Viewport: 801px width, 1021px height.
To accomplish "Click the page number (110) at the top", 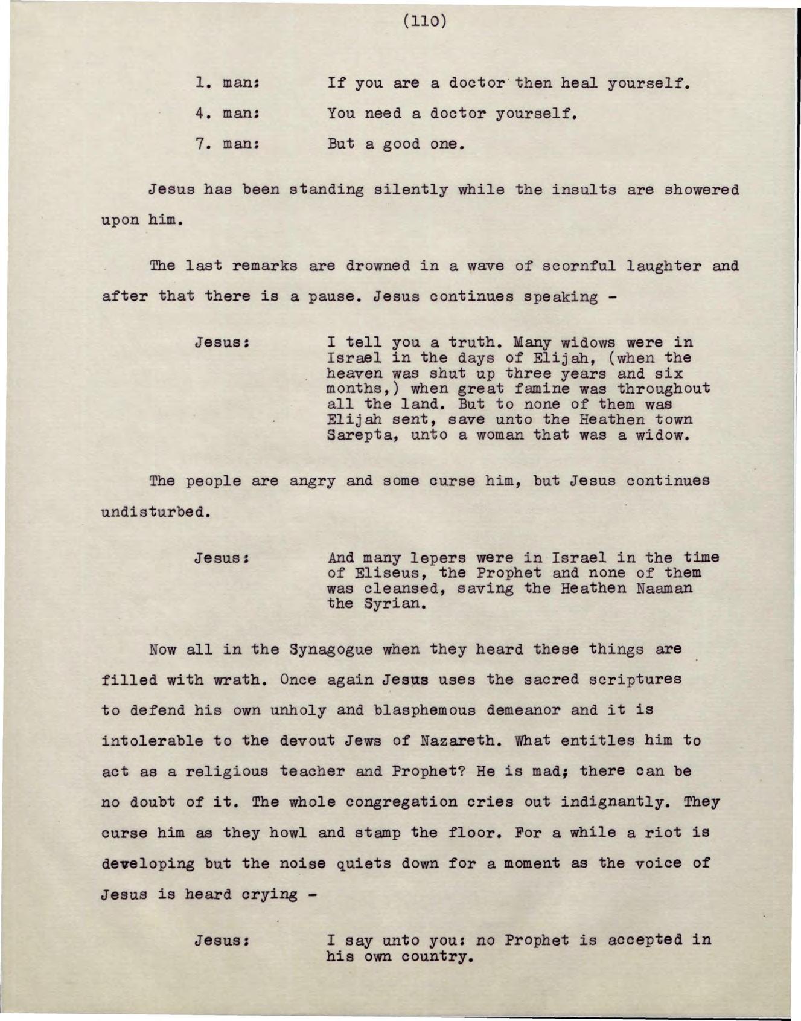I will pyautogui.click(x=424, y=22).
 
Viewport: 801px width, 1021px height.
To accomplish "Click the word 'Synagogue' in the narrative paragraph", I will pyautogui.click(x=330, y=650).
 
